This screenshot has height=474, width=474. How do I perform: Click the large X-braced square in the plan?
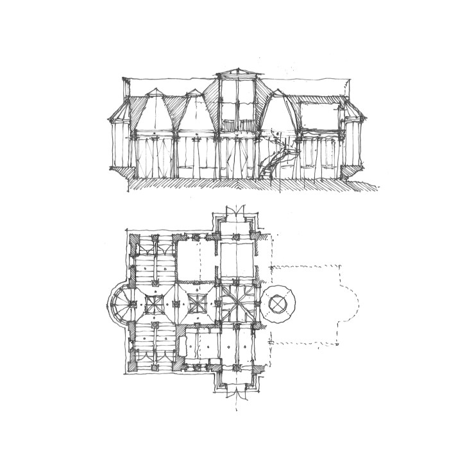pyautogui.click(x=236, y=303)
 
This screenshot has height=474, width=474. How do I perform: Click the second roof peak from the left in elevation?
pyautogui.click(x=192, y=93)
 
